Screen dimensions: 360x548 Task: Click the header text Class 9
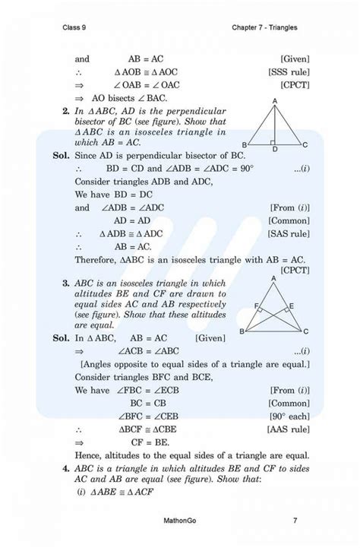(x=75, y=28)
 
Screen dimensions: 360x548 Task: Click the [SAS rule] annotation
(x=289, y=233)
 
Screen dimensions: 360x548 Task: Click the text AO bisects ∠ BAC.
(x=129, y=98)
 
